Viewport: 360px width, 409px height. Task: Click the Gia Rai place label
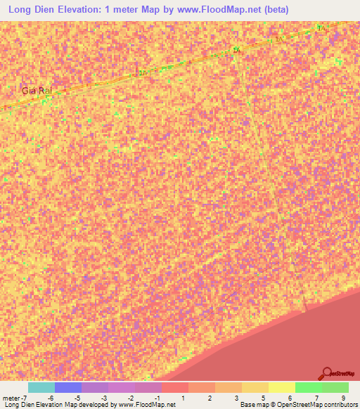pyautogui.click(x=38, y=91)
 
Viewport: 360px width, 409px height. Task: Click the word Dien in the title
pyautogui.click(x=51, y=10)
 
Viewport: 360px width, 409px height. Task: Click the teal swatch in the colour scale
pyautogui.click(x=41, y=387)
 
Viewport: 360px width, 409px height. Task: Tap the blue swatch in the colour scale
pyautogui.click(x=67, y=387)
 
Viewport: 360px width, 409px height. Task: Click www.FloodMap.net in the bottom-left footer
pyautogui.click(x=146, y=405)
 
